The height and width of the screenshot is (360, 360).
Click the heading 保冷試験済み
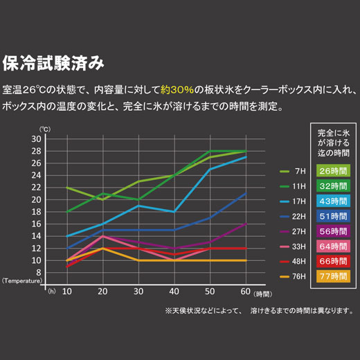[x=53, y=64]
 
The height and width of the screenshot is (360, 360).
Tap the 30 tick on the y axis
[x=55, y=139]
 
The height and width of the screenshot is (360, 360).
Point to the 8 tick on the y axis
[x=57, y=273]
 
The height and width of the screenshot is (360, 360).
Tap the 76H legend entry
[x=291, y=276]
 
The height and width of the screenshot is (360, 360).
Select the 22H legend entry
[x=291, y=216]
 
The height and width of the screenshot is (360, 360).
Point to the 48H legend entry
[x=291, y=261]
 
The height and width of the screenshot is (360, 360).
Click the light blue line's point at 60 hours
[x=246, y=157]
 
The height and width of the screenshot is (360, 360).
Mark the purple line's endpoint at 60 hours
[x=246, y=224]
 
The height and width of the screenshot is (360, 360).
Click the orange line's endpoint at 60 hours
[x=246, y=260]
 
